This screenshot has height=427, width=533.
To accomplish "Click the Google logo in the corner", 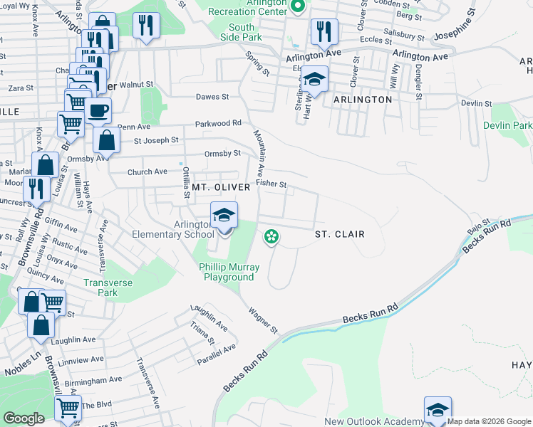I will (x=24, y=418).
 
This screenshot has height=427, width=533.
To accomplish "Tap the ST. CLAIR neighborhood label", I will (x=340, y=234).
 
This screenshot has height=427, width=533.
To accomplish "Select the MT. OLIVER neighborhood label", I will (x=221, y=187).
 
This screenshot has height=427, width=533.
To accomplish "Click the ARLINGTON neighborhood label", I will (x=363, y=100).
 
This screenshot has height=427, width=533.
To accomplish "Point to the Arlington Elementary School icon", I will (x=224, y=215).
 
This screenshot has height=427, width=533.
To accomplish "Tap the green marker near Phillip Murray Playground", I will (x=271, y=236).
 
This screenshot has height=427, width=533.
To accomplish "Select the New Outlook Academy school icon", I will (x=438, y=410).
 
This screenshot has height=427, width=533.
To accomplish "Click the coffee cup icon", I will (x=98, y=112).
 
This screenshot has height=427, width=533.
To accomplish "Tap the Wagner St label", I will (x=262, y=320).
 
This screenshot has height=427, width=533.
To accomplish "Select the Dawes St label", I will (x=214, y=97).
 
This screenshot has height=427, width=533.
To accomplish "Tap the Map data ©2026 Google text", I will (x=489, y=421).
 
